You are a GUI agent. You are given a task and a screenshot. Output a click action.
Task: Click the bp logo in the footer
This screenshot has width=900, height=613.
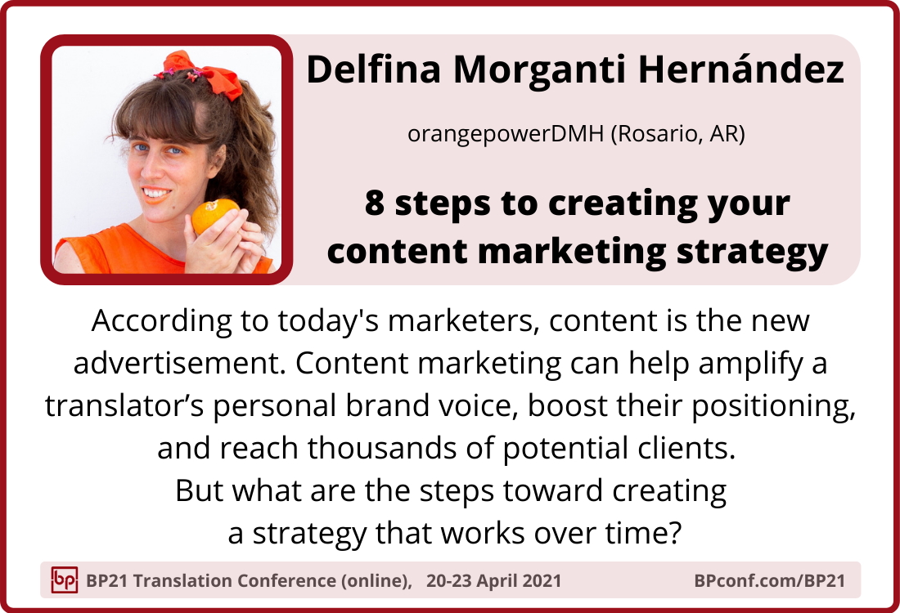point(65,579)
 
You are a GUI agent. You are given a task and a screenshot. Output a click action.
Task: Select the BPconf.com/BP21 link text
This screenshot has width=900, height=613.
point(769,580)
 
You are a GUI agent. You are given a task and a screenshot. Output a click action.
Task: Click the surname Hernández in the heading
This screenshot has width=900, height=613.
point(741,69)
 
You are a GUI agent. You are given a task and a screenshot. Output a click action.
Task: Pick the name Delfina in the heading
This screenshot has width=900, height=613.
point(374,69)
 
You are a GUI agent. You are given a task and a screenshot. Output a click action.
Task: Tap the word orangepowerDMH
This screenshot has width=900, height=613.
point(505,134)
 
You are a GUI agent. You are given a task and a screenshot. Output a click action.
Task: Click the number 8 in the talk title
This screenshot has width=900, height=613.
point(374,204)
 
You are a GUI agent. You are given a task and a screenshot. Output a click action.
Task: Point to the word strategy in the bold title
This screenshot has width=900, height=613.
point(753,253)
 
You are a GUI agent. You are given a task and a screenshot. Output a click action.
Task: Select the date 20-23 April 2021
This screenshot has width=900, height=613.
point(493,580)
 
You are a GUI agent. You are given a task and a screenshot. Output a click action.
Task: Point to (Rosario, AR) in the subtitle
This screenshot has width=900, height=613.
point(677,134)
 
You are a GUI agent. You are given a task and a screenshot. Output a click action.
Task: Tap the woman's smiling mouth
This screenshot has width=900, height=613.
point(155,195)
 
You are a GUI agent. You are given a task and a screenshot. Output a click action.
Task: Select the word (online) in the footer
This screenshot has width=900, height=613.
point(376,580)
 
